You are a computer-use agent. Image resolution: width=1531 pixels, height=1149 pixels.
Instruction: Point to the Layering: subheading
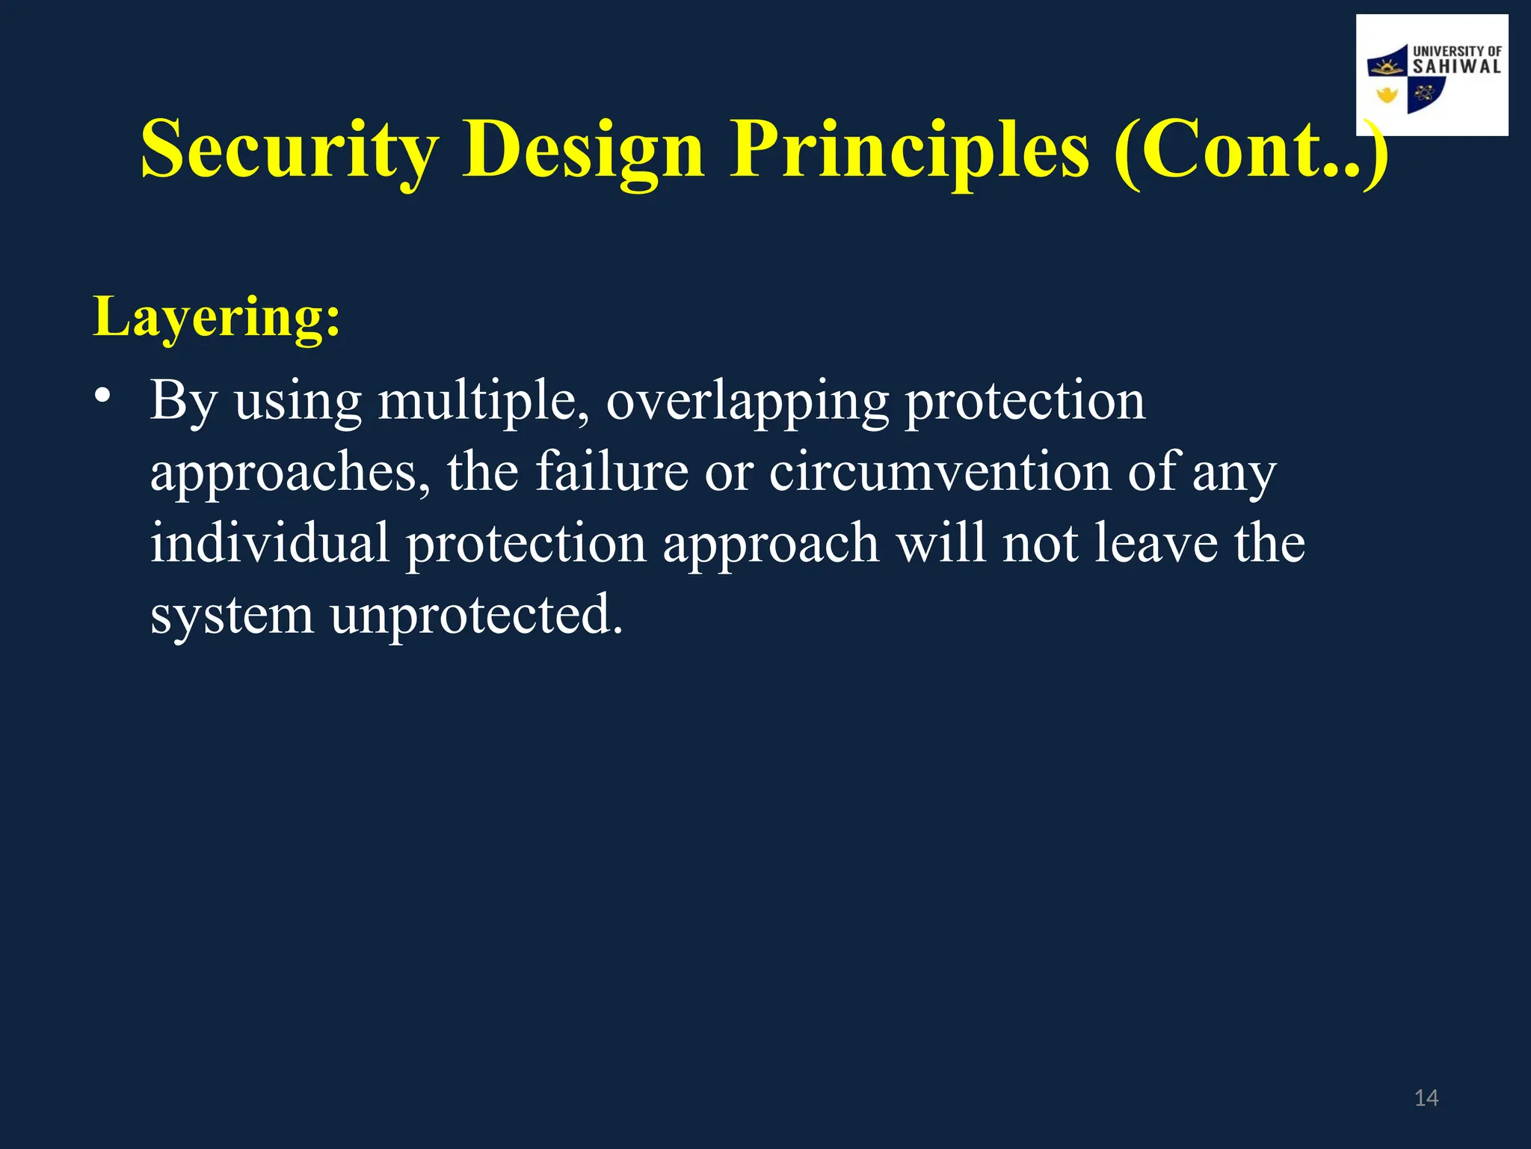pos(217,317)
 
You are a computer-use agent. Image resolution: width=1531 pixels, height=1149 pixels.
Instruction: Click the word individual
pos(270,543)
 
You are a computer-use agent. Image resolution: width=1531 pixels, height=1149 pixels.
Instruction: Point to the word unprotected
pos(476,615)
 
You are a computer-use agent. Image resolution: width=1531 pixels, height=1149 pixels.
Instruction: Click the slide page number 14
pos(1426,1098)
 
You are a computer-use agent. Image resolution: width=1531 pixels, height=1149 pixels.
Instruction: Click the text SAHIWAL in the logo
pos(1456,67)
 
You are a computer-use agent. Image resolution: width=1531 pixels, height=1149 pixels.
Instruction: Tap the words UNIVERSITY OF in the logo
pos(1456,51)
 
